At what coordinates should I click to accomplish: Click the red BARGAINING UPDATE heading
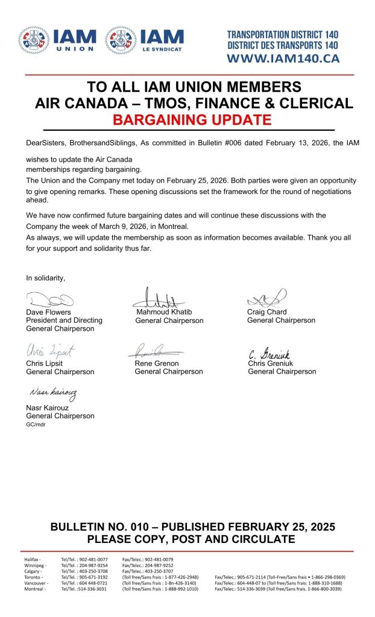point(192,119)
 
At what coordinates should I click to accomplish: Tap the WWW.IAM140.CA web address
point(283,58)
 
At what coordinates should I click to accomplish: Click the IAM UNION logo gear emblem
point(34,40)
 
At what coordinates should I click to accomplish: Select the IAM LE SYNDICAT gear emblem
point(121,40)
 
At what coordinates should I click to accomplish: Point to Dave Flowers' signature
point(49,299)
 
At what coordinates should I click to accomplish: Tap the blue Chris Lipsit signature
point(50,351)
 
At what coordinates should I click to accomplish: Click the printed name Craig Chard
point(266,312)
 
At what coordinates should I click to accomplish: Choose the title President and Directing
point(64,321)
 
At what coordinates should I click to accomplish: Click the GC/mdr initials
point(35,424)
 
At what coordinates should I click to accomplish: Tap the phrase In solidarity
point(45,278)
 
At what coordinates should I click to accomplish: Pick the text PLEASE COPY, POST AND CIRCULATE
point(192,539)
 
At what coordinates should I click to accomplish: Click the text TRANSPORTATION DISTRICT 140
point(283,35)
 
